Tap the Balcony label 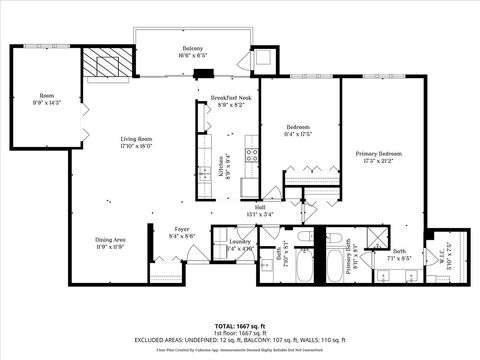193,50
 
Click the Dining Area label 110,240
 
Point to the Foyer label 182,229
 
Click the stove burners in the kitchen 254,155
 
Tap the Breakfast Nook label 230,96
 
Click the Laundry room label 239,241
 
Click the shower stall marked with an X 377,236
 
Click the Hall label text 259,207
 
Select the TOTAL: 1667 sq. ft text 240,326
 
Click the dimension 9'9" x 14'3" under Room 47,103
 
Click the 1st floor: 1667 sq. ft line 240,333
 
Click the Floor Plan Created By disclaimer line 240,350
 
